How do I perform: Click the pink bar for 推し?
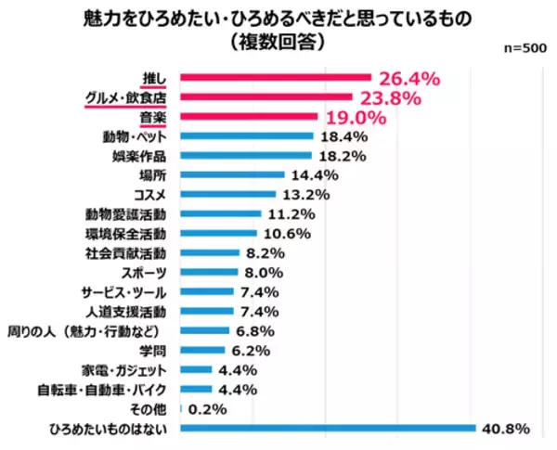pos(275,78)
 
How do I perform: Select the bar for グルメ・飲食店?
pos(266,97)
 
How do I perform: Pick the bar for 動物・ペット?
pos(246,136)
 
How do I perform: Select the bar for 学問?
pos(201,350)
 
